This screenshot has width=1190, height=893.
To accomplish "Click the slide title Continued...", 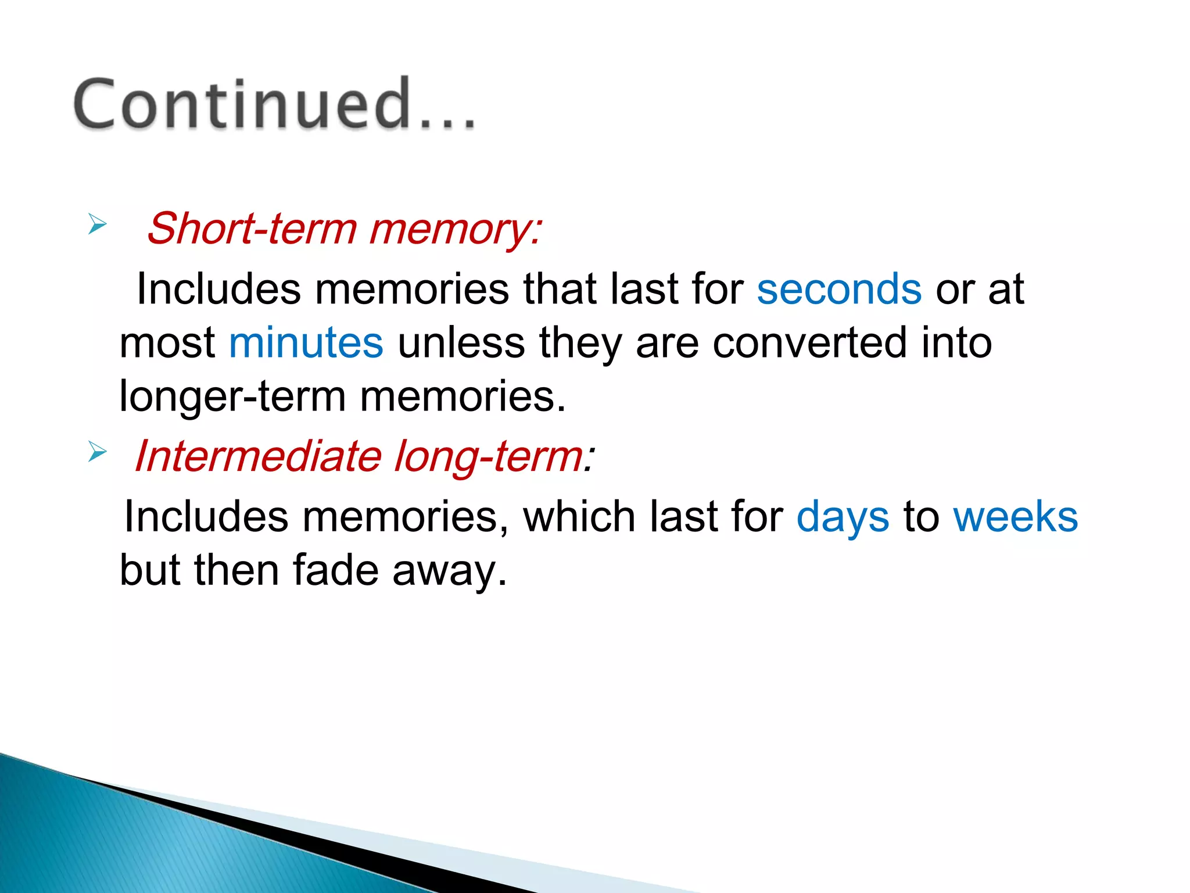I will [x=273, y=105].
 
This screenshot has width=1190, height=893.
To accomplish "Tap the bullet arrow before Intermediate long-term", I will [x=98, y=451].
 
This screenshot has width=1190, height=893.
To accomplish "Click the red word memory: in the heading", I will [x=456, y=229].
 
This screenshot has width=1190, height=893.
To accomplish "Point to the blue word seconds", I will [x=838, y=290].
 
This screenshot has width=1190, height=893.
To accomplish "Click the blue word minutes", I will [x=306, y=342].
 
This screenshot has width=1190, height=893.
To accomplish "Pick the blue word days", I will [x=842, y=517].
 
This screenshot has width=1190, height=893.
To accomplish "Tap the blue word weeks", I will [x=1015, y=516].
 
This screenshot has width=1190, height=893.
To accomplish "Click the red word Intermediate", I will [x=258, y=456].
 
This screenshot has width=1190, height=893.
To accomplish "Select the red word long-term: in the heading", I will [x=494, y=457].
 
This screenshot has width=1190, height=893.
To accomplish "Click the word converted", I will [x=810, y=342].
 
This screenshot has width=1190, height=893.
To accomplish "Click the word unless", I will [x=461, y=342].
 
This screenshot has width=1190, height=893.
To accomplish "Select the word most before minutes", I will [x=167, y=344].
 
